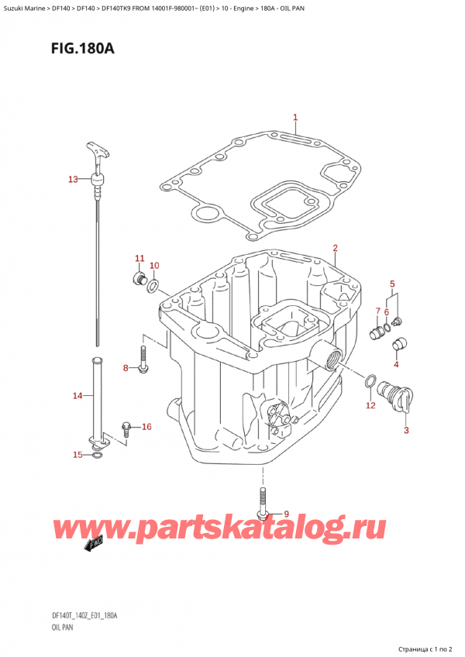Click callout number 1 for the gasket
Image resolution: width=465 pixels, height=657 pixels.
[x=295, y=118]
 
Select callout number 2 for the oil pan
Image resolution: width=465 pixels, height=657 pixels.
[x=335, y=249]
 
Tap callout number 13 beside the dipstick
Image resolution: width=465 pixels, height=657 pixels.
[x=73, y=180]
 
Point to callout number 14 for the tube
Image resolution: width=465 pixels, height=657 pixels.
[x=77, y=397]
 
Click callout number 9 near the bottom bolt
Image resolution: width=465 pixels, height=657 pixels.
[x=286, y=514]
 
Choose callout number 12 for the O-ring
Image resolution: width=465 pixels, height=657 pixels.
[x=370, y=405]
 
